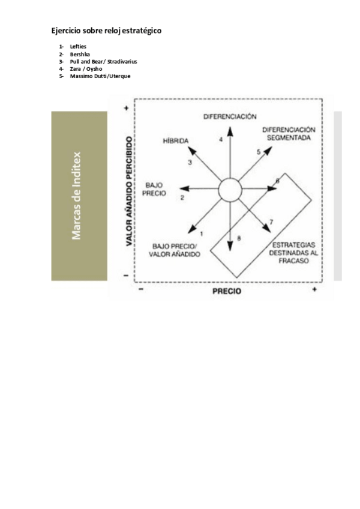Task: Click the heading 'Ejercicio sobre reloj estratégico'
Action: [x=106, y=31]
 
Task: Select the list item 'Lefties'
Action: [x=78, y=46]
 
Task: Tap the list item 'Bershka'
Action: [x=80, y=54]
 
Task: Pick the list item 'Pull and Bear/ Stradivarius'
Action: [x=103, y=61]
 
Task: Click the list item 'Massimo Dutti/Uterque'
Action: [x=100, y=76]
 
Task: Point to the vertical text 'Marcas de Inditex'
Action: [x=77, y=196]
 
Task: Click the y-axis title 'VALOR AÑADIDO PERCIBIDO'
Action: [x=128, y=192]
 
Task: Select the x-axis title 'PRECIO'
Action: [x=227, y=291]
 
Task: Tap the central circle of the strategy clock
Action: [x=229, y=191]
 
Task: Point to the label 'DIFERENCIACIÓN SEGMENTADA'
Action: [x=289, y=133]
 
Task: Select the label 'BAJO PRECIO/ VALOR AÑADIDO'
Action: [x=176, y=250]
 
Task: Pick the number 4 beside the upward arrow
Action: [x=221, y=139]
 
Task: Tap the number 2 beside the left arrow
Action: [x=182, y=197]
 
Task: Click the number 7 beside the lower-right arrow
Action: [x=271, y=223]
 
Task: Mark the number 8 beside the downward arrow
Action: [x=239, y=238]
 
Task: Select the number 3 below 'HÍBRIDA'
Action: [x=190, y=162]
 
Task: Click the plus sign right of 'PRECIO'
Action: [x=314, y=290]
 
